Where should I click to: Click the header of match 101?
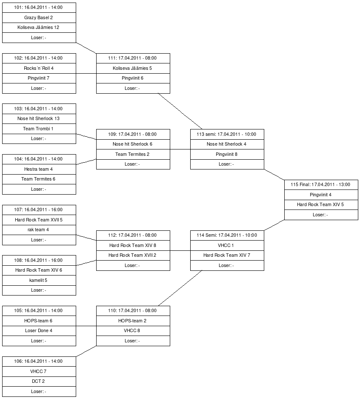(39, 8)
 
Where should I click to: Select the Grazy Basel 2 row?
(39, 18)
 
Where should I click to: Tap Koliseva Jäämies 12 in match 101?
(39, 28)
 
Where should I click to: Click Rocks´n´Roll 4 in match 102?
(39, 68)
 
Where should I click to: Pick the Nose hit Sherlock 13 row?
(39, 119)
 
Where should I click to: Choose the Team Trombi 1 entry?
(39, 129)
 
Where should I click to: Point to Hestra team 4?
(39, 169)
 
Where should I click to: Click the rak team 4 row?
(39, 230)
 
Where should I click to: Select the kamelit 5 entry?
(39, 280)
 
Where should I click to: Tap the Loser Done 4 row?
(39, 330)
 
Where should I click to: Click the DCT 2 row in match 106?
(39, 381)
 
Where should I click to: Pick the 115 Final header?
(321, 185)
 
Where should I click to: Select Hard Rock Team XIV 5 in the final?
(321, 204)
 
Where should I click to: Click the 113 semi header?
(227, 134)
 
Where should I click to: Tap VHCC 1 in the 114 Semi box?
(227, 245)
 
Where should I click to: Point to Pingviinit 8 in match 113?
(227, 154)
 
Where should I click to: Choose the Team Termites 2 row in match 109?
(133, 154)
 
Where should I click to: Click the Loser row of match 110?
(133, 341)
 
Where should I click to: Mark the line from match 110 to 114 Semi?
(180, 288)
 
